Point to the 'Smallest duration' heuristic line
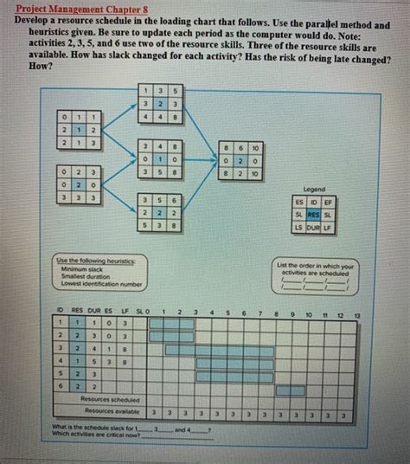(80, 275)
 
